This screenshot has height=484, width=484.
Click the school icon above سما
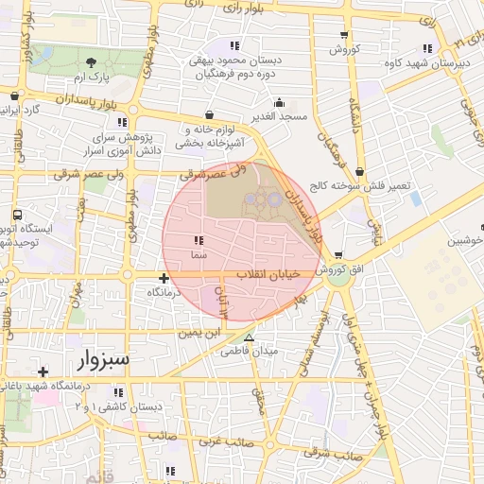(199, 240)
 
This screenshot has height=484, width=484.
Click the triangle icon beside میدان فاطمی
(249, 337)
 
